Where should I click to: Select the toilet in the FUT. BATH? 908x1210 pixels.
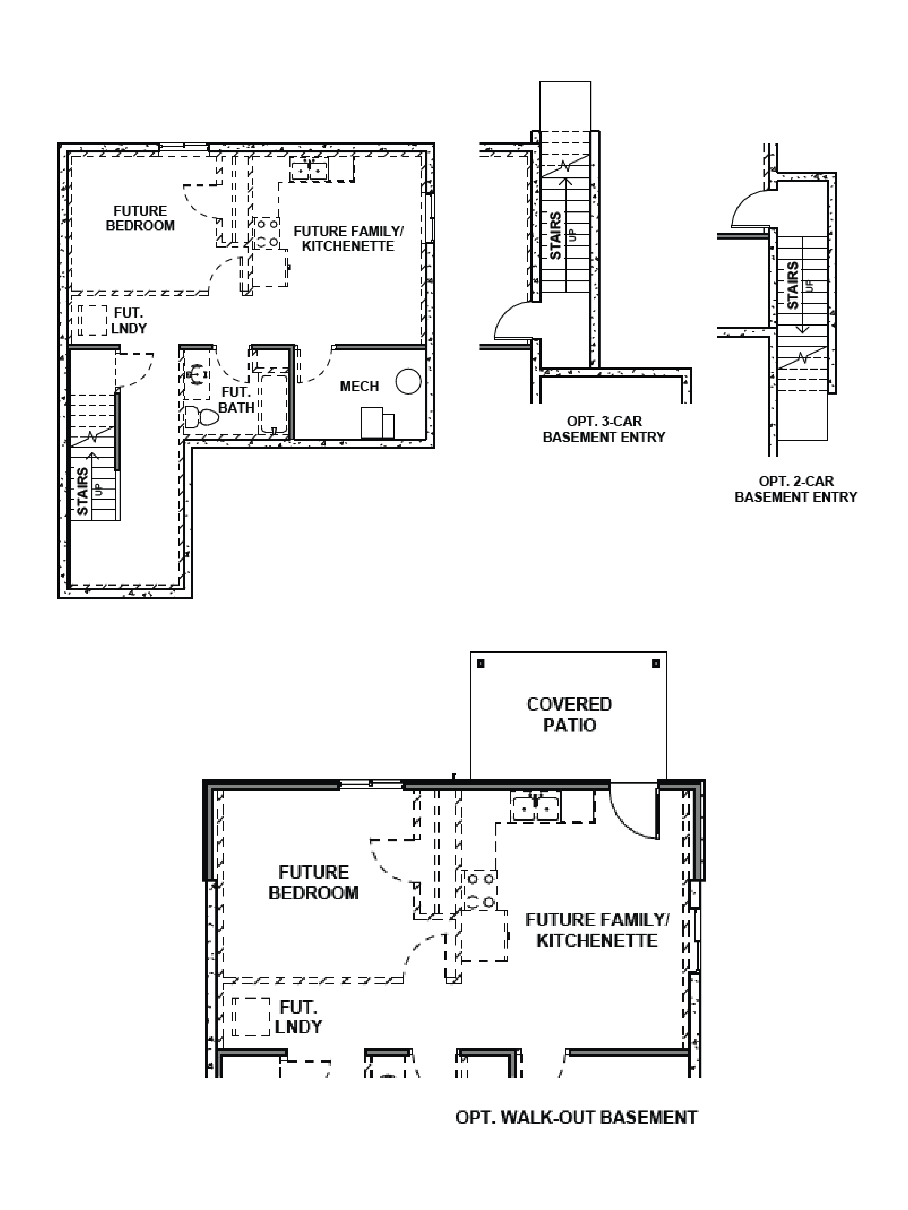pyautogui.click(x=201, y=417)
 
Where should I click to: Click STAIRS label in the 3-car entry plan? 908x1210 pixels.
pyautogui.click(x=555, y=236)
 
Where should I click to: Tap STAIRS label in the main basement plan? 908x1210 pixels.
pyautogui.click(x=82, y=491)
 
